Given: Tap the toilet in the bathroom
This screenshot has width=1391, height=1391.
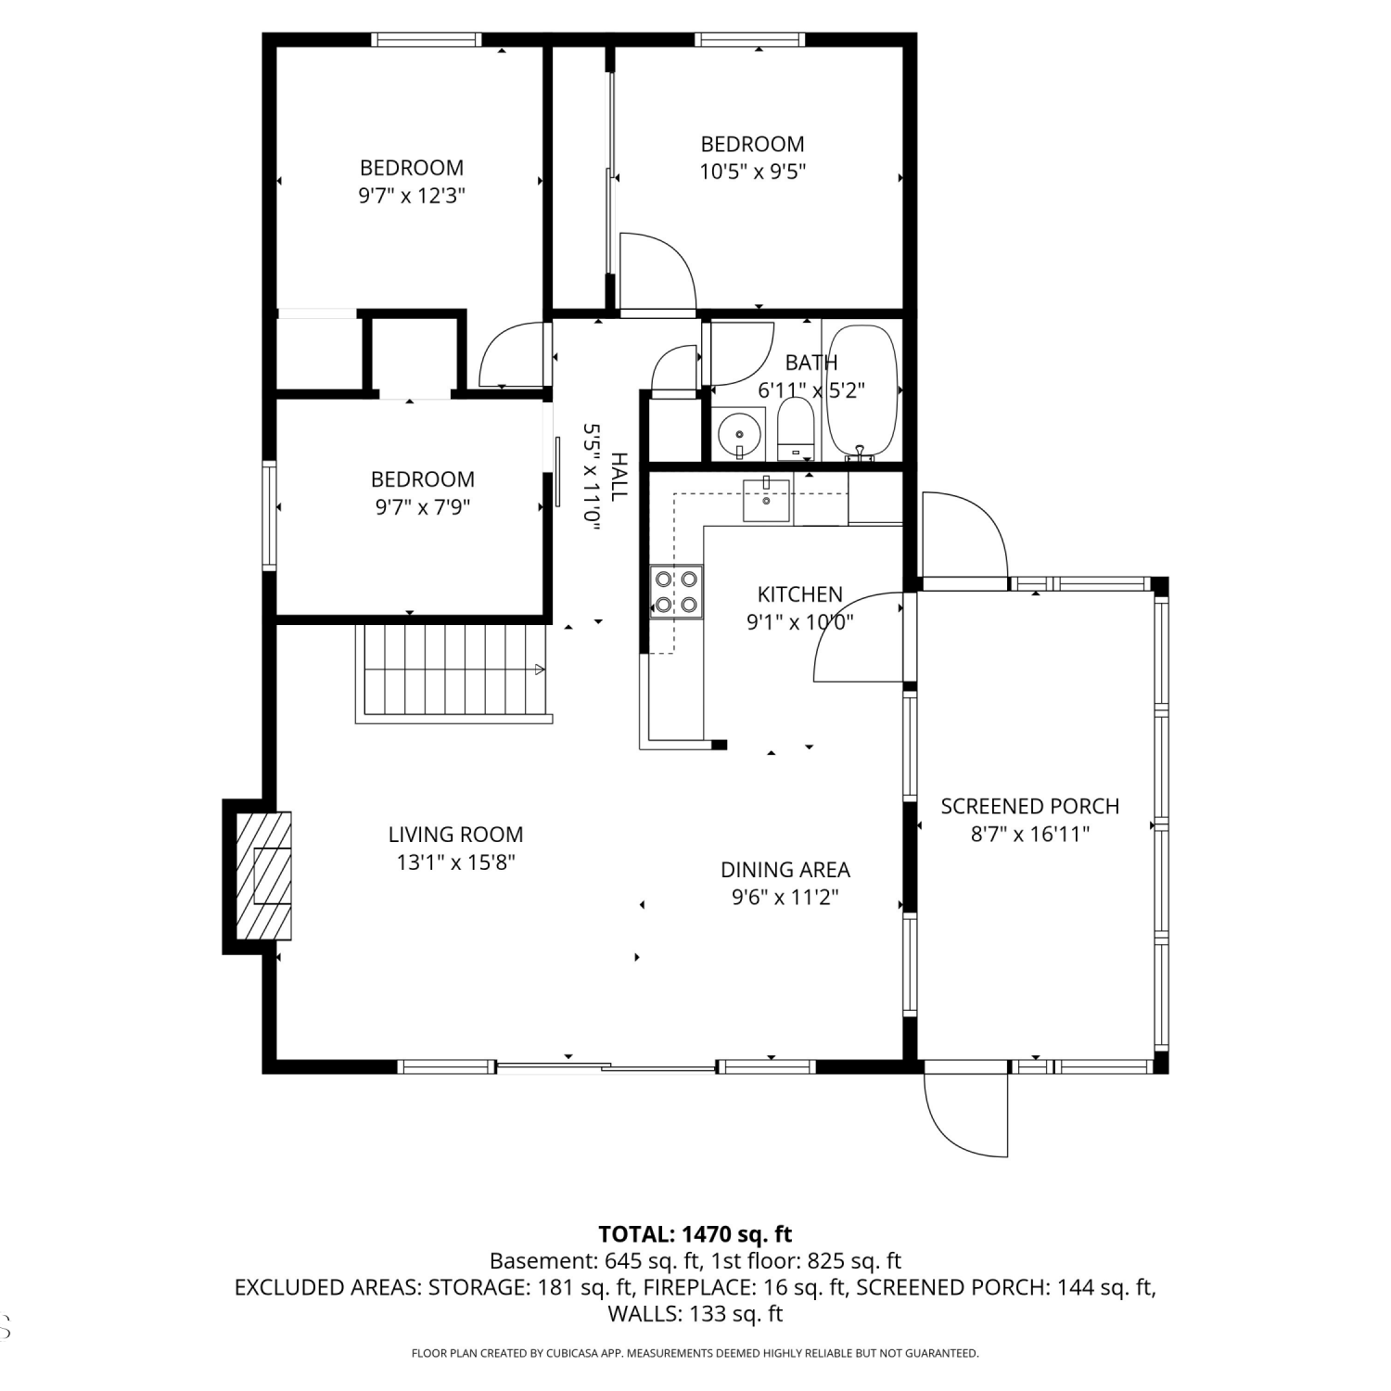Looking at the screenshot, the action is [x=795, y=429].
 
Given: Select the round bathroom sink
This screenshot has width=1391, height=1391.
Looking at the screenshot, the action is [x=739, y=433].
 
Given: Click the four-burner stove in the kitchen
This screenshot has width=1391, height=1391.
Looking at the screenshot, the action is [x=676, y=592].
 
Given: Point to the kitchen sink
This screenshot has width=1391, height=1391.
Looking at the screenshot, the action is [x=766, y=500].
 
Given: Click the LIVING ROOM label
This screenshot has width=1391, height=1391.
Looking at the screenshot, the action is [x=455, y=834].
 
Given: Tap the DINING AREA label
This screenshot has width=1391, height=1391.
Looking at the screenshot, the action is [x=785, y=870].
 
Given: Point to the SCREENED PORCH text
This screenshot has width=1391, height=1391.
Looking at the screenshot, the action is [x=1030, y=807].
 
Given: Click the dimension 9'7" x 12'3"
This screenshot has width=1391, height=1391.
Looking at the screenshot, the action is [x=412, y=196].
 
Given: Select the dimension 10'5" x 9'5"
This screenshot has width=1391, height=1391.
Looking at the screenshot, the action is [x=752, y=172].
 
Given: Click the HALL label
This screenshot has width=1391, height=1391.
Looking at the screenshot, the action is [x=619, y=477].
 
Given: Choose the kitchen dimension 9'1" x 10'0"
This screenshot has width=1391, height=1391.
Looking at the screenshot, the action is [x=799, y=622].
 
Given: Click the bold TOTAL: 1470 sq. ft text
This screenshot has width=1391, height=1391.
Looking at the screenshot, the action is [x=695, y=1234].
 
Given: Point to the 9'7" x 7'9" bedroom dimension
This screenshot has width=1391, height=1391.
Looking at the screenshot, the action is [x=423, y=507].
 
